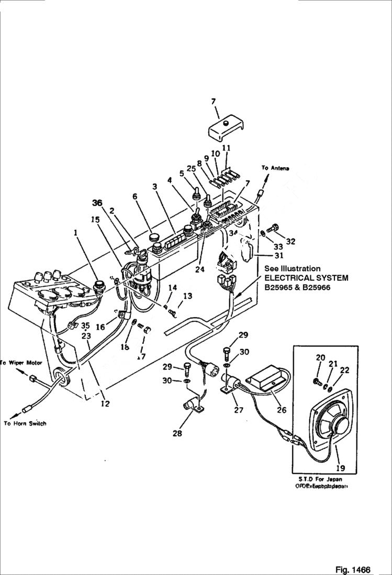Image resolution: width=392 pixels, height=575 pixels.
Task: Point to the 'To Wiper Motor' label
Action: pos(21,363)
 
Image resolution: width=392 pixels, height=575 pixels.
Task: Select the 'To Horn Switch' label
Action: pos(25,423)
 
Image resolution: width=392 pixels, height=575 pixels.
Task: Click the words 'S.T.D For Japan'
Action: pos(321,479)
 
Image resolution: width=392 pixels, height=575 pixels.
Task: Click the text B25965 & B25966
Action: pos(298,287)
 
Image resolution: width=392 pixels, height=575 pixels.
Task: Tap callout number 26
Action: pos(282,410)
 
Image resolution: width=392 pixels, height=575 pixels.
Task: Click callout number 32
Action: pos(290,242)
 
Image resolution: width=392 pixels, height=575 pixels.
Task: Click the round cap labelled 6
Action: pos(154,238)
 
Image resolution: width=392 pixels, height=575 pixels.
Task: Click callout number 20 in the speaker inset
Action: pos(321,357)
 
